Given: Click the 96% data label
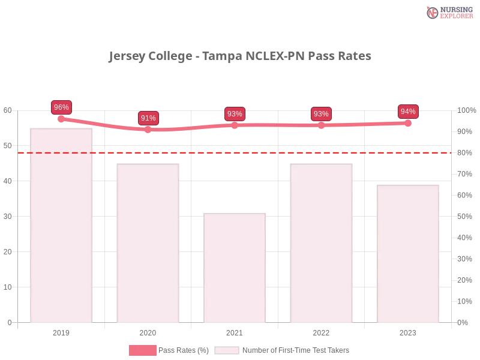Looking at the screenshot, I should (61, 107).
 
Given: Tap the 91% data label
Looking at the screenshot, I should (148, 118).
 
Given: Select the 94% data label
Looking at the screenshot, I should (408, 112).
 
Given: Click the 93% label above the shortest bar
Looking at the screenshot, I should (235, 114).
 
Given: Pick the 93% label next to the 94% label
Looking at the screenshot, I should (321, 114).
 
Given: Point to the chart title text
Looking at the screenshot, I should (239, 57).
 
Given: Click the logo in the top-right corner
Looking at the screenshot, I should (448, 12).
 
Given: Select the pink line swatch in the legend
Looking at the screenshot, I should (142, 350).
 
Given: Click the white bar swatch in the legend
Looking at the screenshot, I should (227, 350).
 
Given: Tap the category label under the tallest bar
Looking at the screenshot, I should (62, 331).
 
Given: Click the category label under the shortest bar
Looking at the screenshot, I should (235, 331).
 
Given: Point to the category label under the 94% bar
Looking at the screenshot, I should (408, 331).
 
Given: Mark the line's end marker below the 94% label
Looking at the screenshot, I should (408, 123).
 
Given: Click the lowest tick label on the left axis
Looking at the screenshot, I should (9, 322).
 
